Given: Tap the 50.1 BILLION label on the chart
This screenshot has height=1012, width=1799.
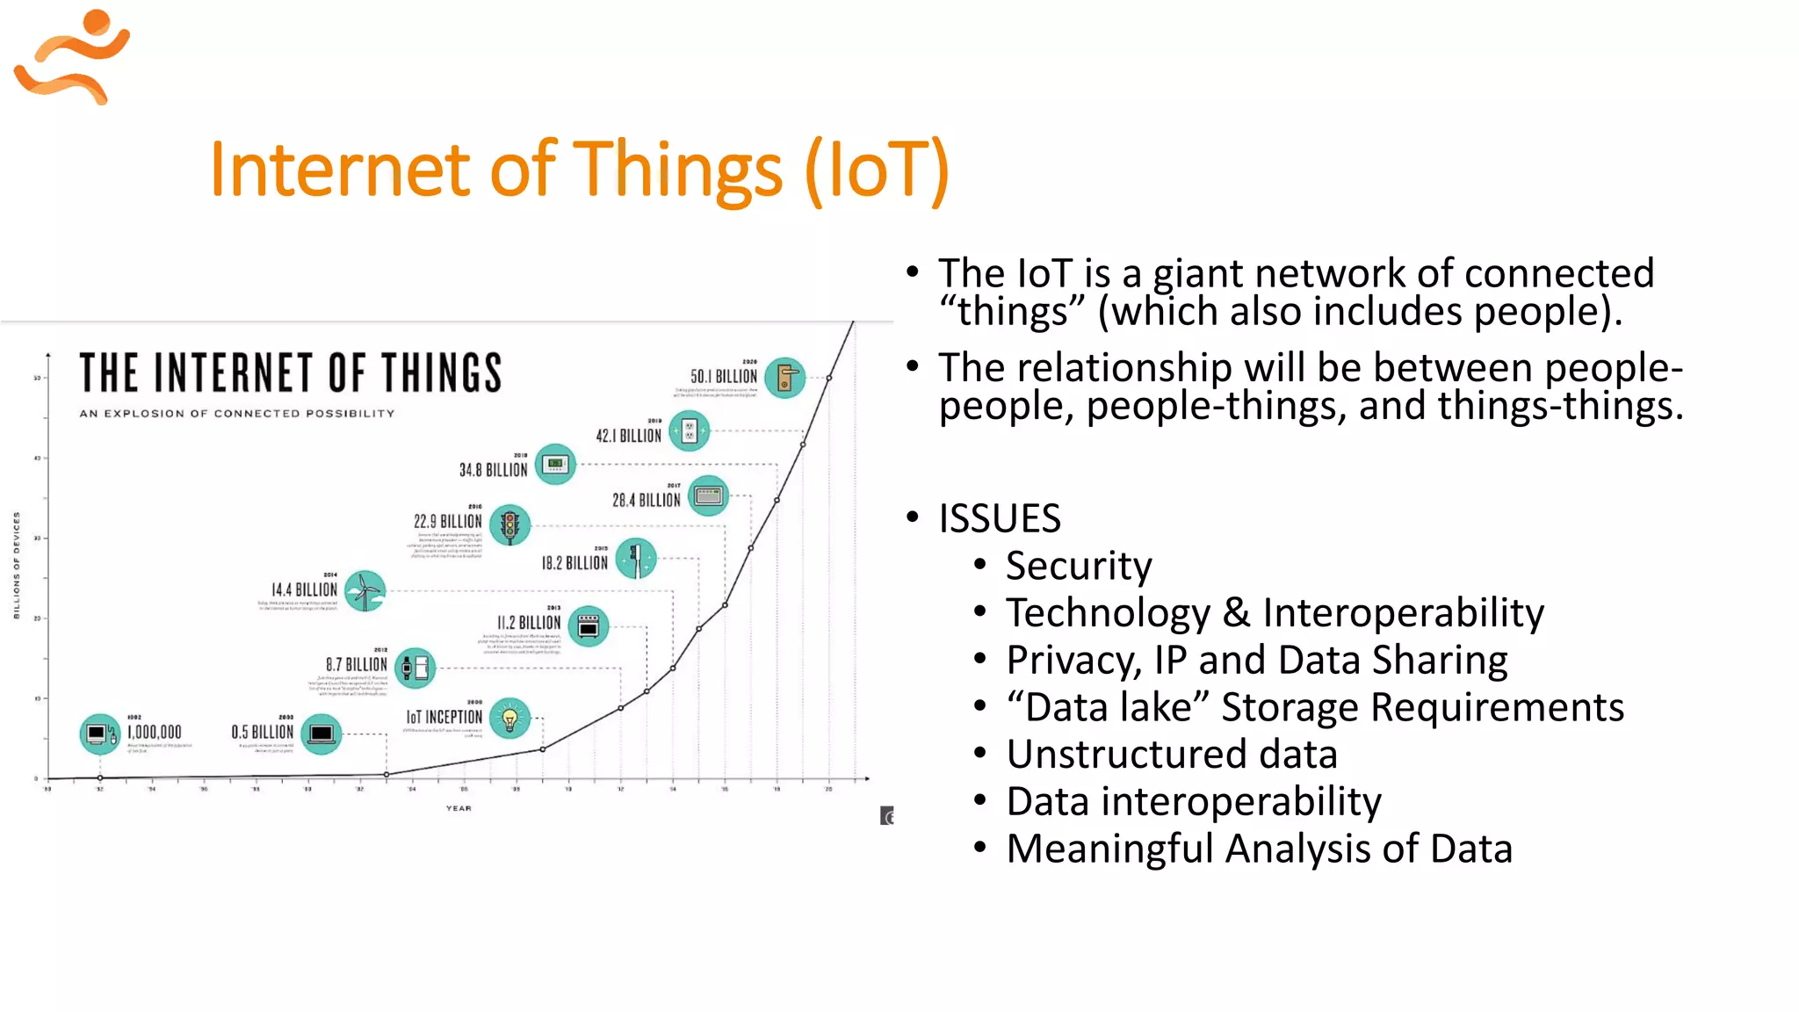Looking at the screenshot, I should (723, 377).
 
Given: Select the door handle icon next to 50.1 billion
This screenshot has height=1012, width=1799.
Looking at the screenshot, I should (785, 378).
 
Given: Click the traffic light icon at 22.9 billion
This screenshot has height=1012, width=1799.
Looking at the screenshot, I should (509, 525).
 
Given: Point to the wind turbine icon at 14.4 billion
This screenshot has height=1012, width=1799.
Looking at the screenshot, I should (365, 591).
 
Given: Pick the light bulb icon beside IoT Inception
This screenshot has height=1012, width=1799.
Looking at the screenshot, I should (509, 719).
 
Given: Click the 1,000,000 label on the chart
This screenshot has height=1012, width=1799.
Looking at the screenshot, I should (155, 732).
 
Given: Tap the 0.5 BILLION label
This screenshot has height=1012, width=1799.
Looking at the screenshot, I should (262, 732).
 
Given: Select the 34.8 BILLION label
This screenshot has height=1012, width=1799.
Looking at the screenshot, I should (493, 470).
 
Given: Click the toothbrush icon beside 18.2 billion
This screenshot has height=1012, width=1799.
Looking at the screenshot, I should (636, 559).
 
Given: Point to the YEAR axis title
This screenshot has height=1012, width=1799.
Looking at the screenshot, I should (459, 808).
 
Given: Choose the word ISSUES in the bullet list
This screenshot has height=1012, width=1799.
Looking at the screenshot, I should (999, 518).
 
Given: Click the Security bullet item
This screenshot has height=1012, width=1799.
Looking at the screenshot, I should (1078, 566).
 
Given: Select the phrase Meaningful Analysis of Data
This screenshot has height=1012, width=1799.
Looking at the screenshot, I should (1259, 849).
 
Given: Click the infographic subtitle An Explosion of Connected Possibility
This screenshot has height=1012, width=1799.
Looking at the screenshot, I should (237, 413).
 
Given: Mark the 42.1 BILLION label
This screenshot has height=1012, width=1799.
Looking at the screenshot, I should (628, 436).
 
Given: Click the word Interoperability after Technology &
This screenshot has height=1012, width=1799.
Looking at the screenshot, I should (1403, 613).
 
